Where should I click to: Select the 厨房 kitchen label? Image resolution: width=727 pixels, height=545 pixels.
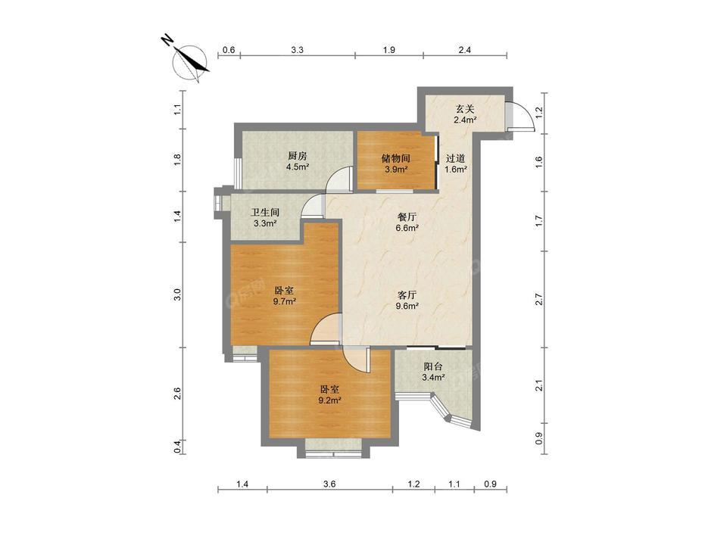[297, 156]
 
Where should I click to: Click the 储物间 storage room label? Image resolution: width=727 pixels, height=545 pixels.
[395, 158]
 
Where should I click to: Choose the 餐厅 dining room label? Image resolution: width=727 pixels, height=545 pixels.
[407, 216]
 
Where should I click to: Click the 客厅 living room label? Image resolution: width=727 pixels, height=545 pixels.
[407, 295]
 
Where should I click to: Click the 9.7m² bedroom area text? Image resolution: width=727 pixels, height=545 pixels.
[285, 301]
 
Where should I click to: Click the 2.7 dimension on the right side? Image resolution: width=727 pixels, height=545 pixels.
[539, 299]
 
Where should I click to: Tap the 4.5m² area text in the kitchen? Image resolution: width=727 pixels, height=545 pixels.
[297, 167]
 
